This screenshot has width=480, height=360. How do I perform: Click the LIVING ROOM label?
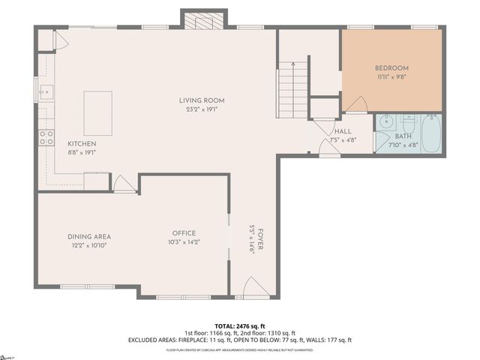click(201, 100)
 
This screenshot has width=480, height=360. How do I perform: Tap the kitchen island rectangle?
click(97, 113)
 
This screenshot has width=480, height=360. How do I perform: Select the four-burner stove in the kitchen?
click(46, 136)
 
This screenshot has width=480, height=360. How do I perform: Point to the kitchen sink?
click(46, 93)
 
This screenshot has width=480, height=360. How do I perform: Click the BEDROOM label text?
click(391, 68)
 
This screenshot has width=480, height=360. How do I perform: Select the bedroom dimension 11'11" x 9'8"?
click(391, 76)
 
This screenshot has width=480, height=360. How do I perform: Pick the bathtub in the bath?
click(431, 133)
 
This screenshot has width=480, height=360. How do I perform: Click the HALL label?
click(343, 131)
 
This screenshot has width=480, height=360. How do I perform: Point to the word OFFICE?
click(184, 232)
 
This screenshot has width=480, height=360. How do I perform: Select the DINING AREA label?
click(89, 237)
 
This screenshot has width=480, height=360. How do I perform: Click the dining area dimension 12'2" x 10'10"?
click(89, 245)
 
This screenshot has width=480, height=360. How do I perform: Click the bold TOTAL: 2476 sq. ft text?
click(239, 325)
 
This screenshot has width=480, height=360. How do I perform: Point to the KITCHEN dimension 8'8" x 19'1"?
click(82, 152)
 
